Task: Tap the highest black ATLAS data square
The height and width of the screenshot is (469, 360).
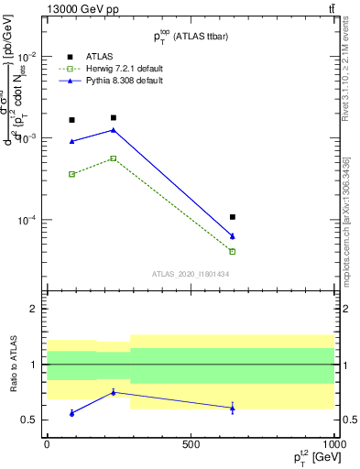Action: coord(114,118)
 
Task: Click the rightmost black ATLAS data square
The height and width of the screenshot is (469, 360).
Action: coord(233,217)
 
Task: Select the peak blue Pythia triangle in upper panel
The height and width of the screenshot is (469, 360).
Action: coord(114,130)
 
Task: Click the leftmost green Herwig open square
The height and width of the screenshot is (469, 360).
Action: coord(72,174)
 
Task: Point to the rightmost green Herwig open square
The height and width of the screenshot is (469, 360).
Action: coord(233,251)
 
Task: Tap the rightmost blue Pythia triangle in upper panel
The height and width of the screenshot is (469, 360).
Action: coord(233,236)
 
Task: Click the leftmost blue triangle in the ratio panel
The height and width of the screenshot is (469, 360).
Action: coord(72,413)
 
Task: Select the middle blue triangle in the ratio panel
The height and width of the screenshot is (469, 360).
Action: coord(114,392)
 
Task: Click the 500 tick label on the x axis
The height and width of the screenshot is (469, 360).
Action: coord(191,443)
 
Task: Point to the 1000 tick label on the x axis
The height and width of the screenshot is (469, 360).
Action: coord(333,443)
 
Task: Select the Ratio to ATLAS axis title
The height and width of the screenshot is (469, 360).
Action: coord(14,365)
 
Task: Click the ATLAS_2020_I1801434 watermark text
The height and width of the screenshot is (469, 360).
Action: coord(190,273)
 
